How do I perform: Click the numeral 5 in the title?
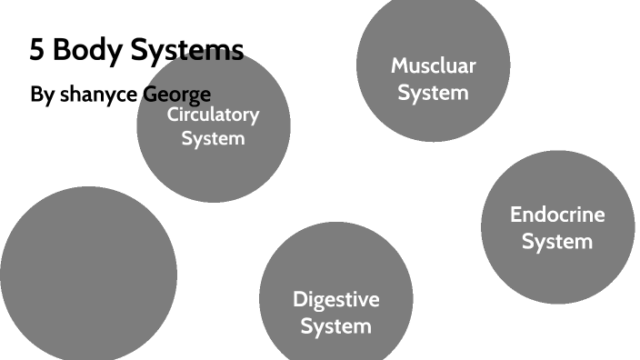[x=37, y=50]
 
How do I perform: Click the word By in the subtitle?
[x=42, y=95]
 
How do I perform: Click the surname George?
[x=177, y=95]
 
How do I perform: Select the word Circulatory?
[x=214, y=115]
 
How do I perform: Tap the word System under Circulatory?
[x=214, y=139]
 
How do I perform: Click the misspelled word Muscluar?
[x=434, y=65]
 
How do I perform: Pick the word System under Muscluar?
[x=434, y=92]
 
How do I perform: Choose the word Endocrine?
[x=557, y=215]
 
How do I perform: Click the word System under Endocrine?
[x=557, y=242]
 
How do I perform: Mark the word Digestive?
[x=336, y=299]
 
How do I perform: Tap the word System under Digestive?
[x=336, y=325]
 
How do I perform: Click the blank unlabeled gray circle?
[x=88, y=273]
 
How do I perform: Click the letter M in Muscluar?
[x=399, y=65]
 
